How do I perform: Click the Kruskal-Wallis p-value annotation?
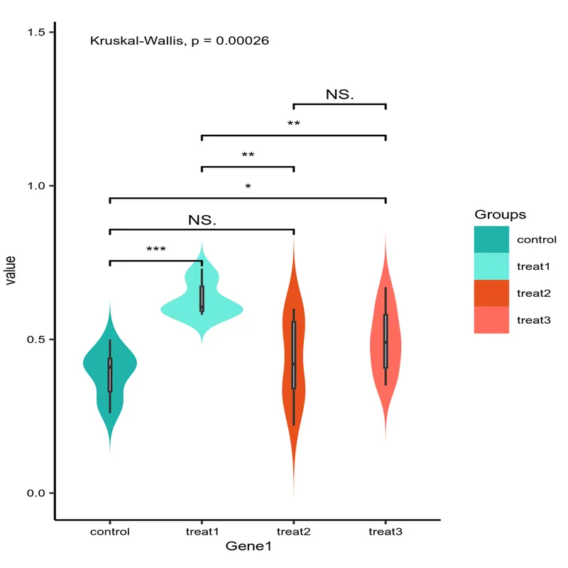pos(179,40)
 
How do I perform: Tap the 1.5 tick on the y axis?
pos(36,32)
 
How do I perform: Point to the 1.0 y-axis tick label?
pos(36,186)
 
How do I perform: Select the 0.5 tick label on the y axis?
pos(36,339)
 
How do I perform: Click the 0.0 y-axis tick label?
pos(36,493)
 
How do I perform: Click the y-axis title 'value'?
pos(11,270)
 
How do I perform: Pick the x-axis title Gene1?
pos(248,547)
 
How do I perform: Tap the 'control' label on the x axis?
pos(110,531)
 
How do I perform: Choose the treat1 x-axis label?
pos(202,531)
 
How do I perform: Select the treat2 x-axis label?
pos(294,531)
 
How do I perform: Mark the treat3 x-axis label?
pos(386,531)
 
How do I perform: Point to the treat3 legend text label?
pos(534,319)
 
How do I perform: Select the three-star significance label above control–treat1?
pos(156,250)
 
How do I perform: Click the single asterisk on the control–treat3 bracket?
pos(248,187)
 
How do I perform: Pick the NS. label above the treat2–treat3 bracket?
pos(340,94)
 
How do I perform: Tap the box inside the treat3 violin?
pos(386,341)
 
